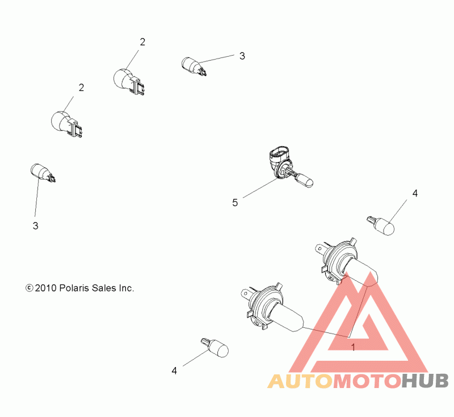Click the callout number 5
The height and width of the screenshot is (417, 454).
pos(234,202)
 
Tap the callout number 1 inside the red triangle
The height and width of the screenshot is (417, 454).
pos(353,347)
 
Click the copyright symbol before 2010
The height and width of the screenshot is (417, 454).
pos(30,289)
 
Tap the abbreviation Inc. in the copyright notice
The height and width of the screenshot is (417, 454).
pos(127,289)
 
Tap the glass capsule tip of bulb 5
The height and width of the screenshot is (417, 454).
pos(306,181)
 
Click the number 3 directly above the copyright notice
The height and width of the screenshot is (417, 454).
pos(35,226)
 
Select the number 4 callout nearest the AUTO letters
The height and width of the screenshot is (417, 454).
pos(174,370)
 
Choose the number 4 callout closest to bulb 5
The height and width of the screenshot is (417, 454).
pos(415,193)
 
